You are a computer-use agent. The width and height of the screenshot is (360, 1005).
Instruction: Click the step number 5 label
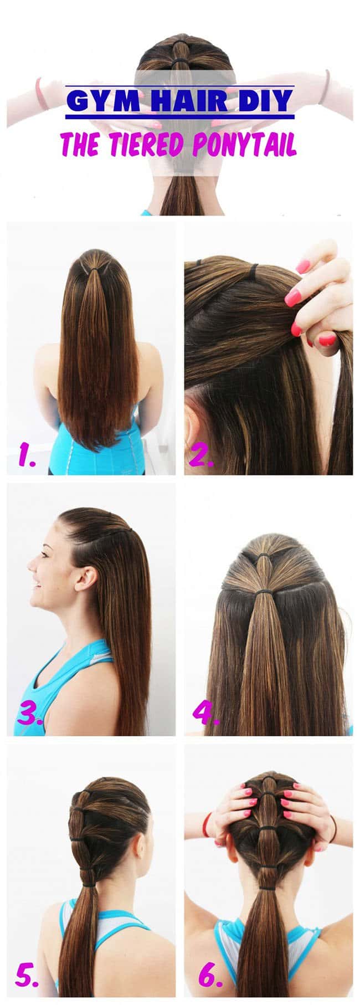[x=27, y=975]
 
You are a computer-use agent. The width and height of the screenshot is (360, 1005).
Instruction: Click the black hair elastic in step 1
[x=101, y=268]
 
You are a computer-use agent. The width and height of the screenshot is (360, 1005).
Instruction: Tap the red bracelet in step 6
[x=206, y=825]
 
